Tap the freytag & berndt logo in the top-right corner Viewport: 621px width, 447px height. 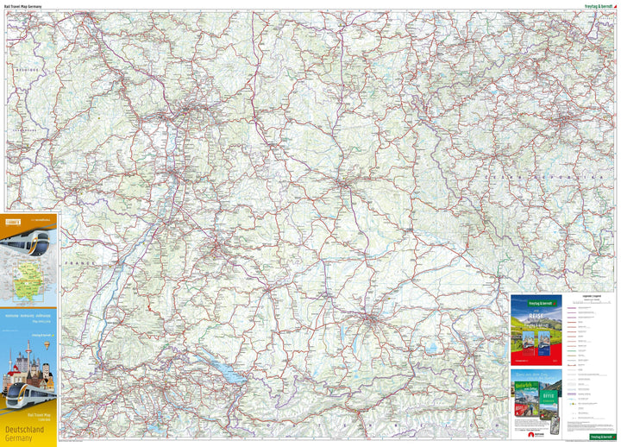[x=592, y=6]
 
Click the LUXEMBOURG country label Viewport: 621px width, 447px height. [x=30, y=130]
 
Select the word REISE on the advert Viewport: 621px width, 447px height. [x=536, y=316]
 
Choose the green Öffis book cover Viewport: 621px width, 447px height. [x=549, y=396]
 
